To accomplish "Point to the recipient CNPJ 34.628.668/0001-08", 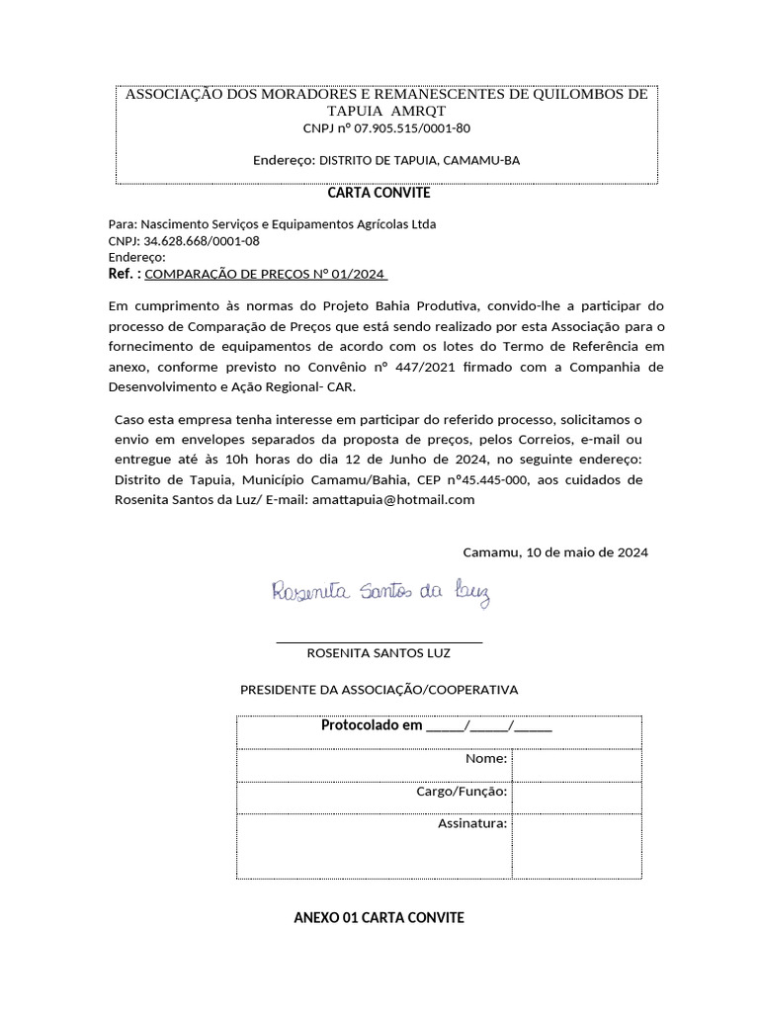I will click(202, 240).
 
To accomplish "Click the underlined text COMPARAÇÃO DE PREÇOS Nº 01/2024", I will click(266, 274).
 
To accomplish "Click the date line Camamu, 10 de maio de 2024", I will click(555, 552).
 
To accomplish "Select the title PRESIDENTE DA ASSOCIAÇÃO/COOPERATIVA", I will click(379, 689).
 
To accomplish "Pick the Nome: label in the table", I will click(486, 759).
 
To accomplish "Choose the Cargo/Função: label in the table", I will click(463, 792).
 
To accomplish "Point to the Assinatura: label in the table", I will click(472, 823).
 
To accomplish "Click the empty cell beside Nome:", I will click(576, 764).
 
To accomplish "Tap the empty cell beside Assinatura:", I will click(576, 845).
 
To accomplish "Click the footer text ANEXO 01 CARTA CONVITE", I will click(379, 918).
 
